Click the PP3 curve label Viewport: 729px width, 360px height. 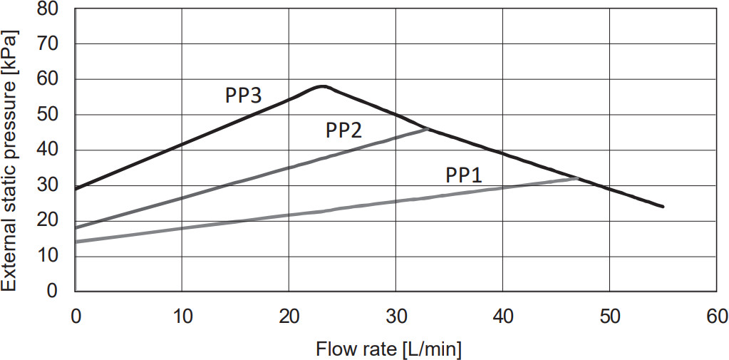click(x=244, y=96)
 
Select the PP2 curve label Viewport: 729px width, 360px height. click(x=344, y=130)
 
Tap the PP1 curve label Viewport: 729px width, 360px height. click(x=464, y=175)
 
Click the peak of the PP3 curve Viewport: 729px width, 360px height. click(x=322, y=86)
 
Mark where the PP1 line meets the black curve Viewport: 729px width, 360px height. click(x=577, y=178)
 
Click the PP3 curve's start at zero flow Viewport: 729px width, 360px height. click(x=76, y=189)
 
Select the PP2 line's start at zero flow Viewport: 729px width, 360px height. click(x=76, y=227)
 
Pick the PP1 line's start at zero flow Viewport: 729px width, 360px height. click(x=76, y=242)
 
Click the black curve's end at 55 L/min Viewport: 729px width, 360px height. click(x=663, y=207)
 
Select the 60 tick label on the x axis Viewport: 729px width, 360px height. click(x=716, y=314)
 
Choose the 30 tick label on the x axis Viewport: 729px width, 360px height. click(x=395, y=314)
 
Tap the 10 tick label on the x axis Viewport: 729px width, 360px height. click(x=182, y=314)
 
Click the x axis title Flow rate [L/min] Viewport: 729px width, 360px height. click(x=389, y=349)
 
